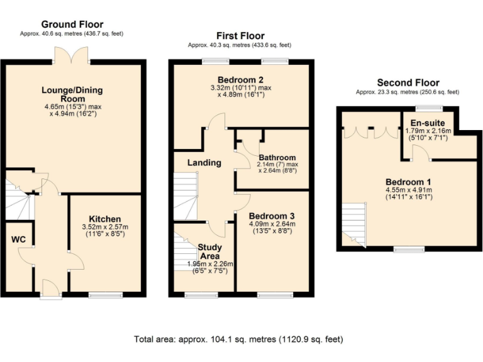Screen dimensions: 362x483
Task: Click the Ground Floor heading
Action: (x=72, y=25)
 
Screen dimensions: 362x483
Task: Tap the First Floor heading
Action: (x=240, y=36)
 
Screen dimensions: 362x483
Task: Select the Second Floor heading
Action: (x=408, y=83)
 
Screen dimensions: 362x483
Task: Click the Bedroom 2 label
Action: (x=241, y=79)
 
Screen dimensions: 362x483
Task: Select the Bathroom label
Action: (x=276, y=158)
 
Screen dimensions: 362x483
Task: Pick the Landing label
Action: (x=204, y=163)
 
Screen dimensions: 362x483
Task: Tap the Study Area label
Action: (x=209, y=251)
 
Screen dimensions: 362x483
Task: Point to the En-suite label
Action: (x=428, y=122)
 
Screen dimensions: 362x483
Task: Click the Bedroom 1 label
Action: (x=409, y=182)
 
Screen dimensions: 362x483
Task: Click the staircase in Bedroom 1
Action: (x=353, y=224)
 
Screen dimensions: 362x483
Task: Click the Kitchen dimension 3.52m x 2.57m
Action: (x=104, y=227)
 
